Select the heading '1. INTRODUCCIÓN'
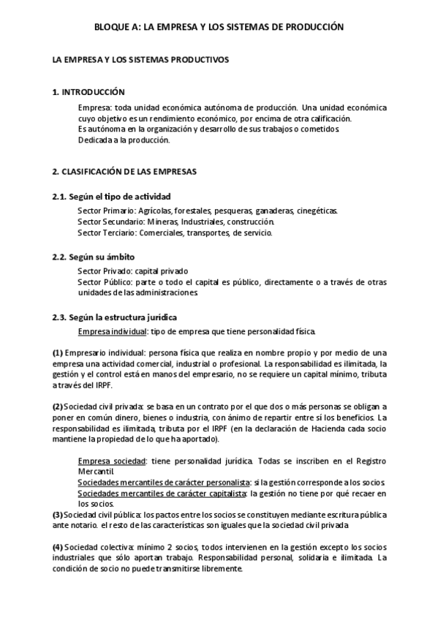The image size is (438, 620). coord(88,92)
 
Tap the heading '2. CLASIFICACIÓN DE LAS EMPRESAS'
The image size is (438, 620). coord(124,172)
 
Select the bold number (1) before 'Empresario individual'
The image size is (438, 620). coord(58,352)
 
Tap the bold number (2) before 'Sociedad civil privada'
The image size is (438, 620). coord(58,407)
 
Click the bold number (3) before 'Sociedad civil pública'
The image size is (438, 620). coord(58,515)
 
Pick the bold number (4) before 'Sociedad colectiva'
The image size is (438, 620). coord(58,548)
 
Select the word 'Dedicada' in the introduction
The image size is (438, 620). coord(94,140)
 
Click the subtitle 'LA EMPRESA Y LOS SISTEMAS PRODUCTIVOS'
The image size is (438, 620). coord(136,59)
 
